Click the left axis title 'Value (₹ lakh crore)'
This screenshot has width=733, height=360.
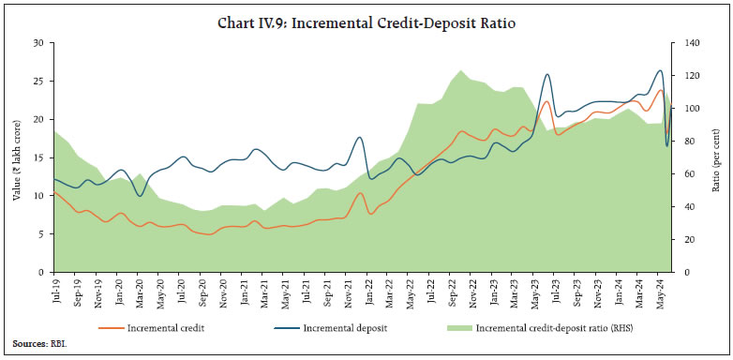click(x=16, y=157)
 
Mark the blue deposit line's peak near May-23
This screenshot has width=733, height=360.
click(x=547, y=74)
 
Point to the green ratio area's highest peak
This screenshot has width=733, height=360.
click(x=461, y=70)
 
